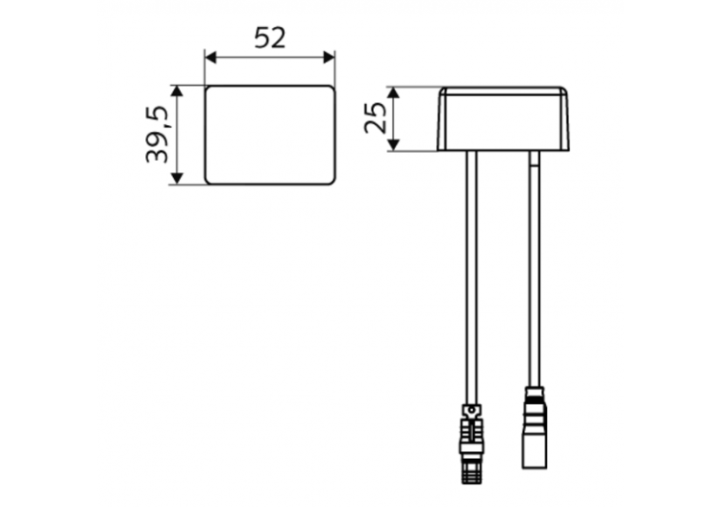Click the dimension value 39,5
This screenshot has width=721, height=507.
click(158, 135)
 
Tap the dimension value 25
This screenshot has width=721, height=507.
click(376, 117)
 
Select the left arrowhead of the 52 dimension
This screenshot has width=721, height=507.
click(211, 57)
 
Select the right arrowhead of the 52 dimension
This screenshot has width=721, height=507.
click(329, 57)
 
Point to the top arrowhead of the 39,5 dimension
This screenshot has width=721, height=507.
click(176, 91)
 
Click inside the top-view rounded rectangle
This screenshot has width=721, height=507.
click(269, 135)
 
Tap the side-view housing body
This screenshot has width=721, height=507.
click(503, 119)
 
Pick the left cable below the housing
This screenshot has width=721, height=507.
click(470, 269)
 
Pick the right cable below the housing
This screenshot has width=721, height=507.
click(535, 269)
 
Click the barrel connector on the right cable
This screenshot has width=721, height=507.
click(534, 428)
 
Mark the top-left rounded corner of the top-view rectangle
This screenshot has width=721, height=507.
click(209, 89)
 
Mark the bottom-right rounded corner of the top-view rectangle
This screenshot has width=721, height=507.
click(331, 180)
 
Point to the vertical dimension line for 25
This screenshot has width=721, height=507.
click(393, 118)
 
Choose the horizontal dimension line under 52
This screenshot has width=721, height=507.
click(269, 57)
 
